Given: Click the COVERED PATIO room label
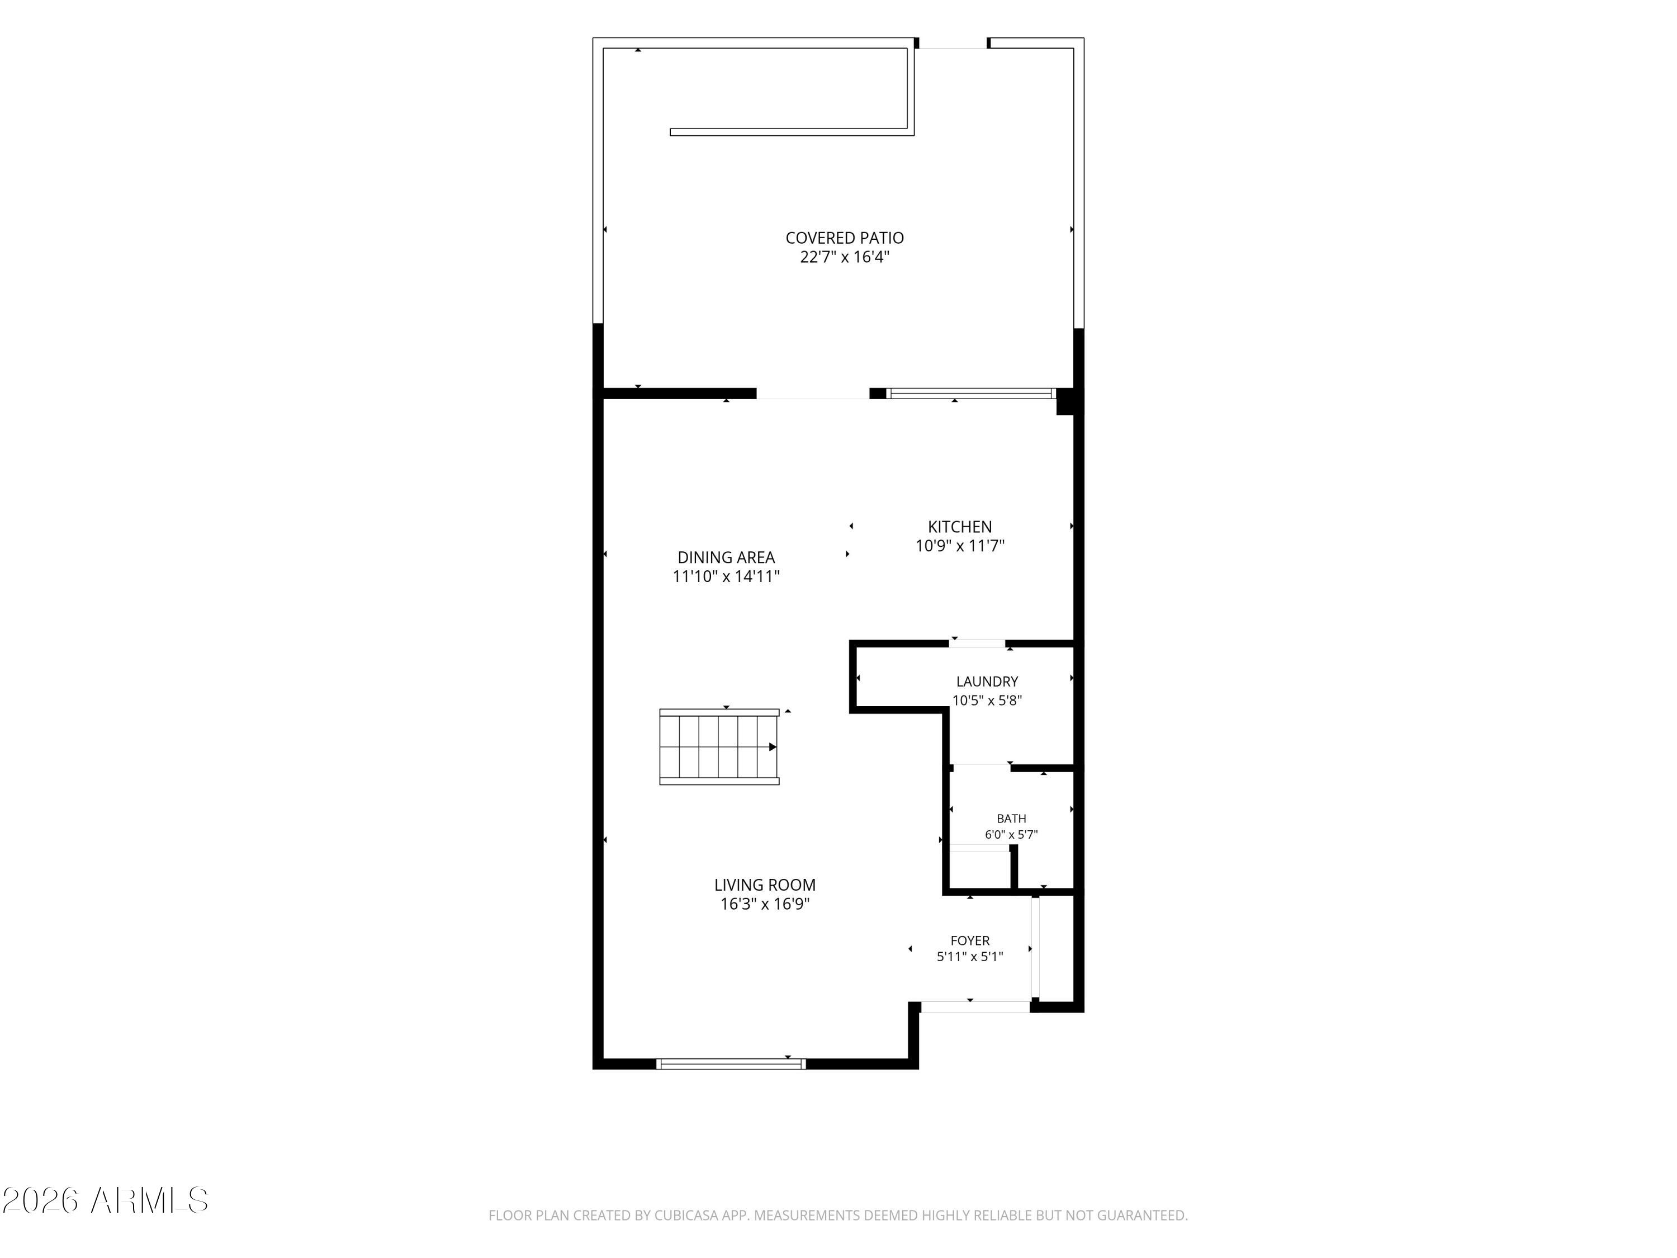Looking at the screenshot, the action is click(845, 238).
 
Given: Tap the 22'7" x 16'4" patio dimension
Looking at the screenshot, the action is click(845, 257).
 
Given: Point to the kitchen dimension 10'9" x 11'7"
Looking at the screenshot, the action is click(960, 546).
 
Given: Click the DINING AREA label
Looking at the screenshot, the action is click(726, 557).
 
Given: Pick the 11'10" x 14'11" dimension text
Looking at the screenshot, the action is click(726, 576).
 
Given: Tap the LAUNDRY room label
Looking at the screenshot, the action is click(987, 682).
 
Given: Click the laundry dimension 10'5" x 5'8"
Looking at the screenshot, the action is click(987, 701).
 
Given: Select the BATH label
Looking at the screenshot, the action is click(1011, 819).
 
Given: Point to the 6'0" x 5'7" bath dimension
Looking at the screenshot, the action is click(1011, 835).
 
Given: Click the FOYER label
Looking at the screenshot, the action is click(970, 941).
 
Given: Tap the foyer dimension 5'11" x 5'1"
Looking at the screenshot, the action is click(970, 957).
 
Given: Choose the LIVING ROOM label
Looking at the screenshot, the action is click(765, 885).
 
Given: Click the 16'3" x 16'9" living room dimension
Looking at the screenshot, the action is click(765, 904).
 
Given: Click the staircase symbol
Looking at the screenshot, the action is click(719, 747).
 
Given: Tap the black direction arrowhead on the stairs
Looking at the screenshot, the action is click(773, 747).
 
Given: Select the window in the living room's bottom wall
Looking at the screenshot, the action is click(731, 1064).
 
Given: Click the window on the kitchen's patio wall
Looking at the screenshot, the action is click(970, 394).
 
